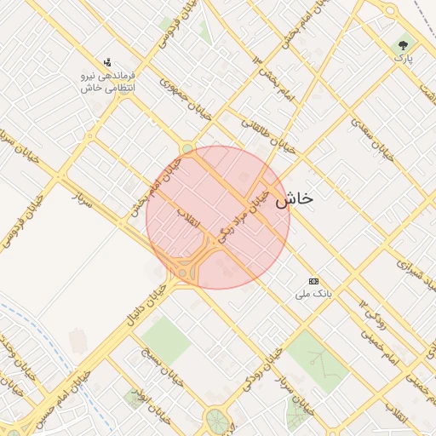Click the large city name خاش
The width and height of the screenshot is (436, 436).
point(294,198)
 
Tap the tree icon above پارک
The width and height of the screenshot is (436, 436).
point(402,44)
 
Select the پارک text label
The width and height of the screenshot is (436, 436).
point(402,59)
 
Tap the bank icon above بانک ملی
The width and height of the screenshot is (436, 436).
point(313,280)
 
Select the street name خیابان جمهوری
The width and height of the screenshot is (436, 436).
point(164,94)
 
